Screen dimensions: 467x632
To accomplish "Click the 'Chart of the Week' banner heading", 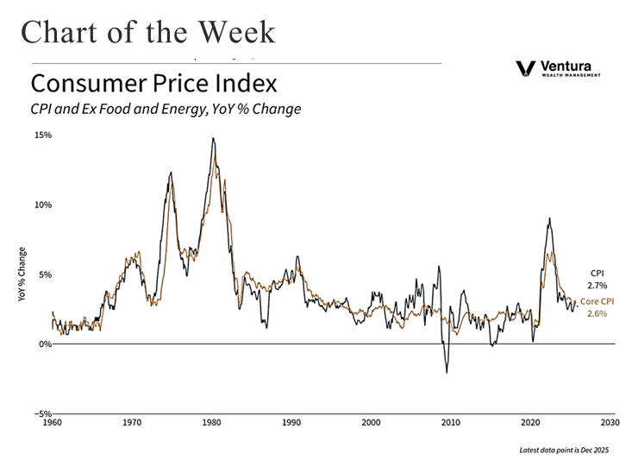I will pos(148,32).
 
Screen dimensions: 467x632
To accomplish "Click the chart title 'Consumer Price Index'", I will pos(153,85).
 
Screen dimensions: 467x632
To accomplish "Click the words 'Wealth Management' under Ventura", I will pos(571,75).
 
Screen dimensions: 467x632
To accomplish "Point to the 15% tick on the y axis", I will pos(42,136).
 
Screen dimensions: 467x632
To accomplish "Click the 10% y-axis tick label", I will pos(42,205).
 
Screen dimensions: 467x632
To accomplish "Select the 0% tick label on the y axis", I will pos(45,344).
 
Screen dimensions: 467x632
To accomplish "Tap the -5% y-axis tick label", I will pos(43,413).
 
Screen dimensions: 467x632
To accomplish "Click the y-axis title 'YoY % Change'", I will pos(22,275).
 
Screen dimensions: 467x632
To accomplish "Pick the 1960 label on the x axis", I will pos(53,423).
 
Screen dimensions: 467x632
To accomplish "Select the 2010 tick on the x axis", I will pos(450,423).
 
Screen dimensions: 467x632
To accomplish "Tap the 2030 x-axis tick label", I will pos(610,423).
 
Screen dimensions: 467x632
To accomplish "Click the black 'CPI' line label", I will pos(597,272).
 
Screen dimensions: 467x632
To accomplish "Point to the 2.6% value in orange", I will pos(597,313).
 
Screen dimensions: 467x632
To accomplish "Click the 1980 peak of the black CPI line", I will pos(213,138).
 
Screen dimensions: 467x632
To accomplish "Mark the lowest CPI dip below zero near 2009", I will pos(447,372).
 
